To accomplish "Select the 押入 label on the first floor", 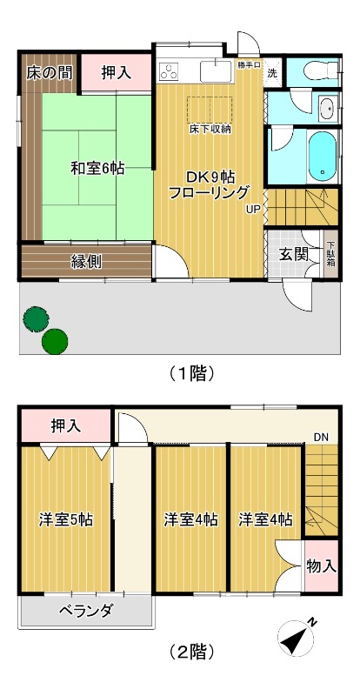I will [115, 73].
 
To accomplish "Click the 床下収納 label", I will [210, 129].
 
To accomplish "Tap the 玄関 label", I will [292, 254].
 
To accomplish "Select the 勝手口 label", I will [248, 64].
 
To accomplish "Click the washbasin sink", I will [326, 110].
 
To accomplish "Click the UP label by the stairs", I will [252, 209].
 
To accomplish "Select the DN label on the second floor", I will [321, 436].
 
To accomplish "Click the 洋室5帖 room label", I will [66, 520].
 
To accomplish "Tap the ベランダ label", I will [86, 611].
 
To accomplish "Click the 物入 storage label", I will [322, 565].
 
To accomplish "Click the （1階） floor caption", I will [190, 373].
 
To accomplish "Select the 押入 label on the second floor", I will [65, 425].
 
